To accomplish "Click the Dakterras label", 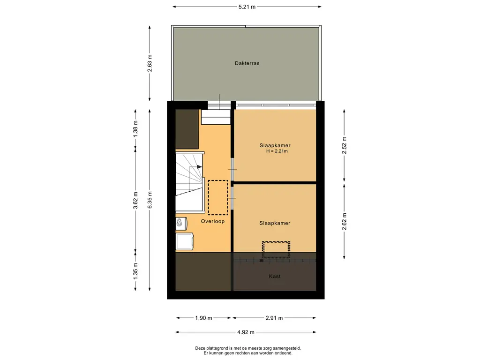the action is click(x=247, y=63).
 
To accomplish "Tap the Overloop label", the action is click(x=213, y=221).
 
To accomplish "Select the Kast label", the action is click(x=275, y=277).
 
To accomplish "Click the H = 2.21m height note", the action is click(x=277, y=151).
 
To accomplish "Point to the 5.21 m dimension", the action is click(x=247, y=7).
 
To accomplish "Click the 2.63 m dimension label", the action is click(x=150, y=63).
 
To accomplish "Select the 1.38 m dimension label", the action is click(x=135, y=128).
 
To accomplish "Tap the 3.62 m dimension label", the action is click(x=135, y=201).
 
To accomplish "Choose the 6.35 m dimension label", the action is click(x=150, y=200).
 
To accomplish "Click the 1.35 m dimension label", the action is click(x=135, y=271).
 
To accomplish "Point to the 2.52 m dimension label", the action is click(x=345, y=145).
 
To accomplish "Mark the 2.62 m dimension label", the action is click(x=345, y=221).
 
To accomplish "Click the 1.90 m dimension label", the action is click(x=203, y=318).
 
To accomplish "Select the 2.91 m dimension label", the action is click(x=274, y=318).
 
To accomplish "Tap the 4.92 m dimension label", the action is click(x=246, y=332).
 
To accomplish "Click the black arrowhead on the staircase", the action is click(x=200, y=167).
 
